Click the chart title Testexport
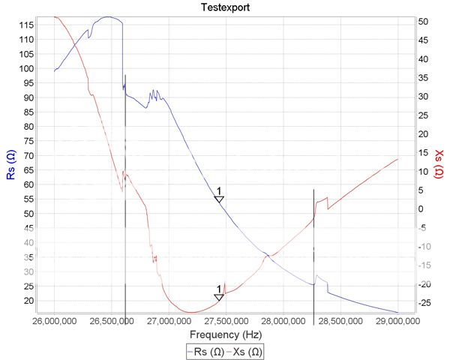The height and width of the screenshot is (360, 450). point(226,7)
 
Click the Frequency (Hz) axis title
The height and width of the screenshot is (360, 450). point(226,334)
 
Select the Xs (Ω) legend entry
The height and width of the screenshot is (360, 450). point(246,351)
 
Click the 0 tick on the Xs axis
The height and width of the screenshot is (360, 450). point(422,209)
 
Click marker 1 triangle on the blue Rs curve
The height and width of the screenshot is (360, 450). point(219,199)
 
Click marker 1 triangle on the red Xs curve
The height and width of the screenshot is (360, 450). point(219,298)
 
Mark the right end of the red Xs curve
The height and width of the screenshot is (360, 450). point(397,159)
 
